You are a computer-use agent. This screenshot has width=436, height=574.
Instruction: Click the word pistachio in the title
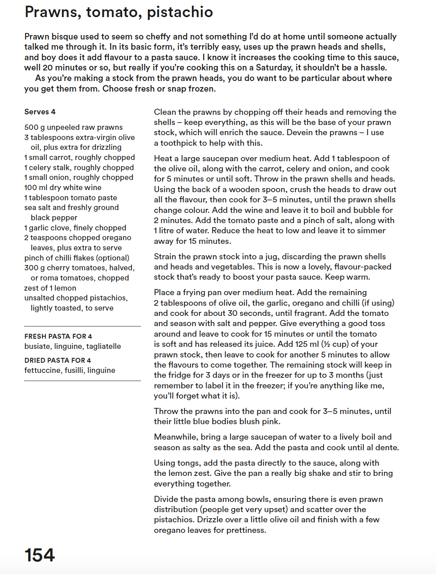(x=180, y=13)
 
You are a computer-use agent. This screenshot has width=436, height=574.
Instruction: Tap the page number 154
(x=40, y=555)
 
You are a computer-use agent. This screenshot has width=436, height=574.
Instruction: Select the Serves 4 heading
(x=40, y=112)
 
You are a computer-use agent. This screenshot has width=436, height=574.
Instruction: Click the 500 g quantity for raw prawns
(x=34, y=127)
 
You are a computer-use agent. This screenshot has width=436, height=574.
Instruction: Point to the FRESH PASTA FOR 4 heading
(x=58, y=336)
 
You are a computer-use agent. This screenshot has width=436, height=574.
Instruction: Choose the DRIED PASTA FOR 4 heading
(x=57, y=360)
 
